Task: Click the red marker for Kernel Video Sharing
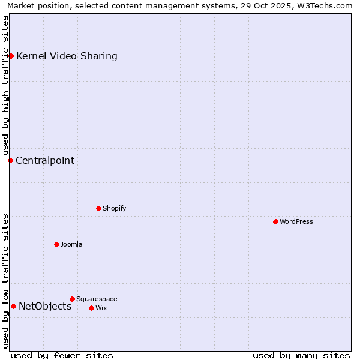pyautogui.click(x=11, y=56)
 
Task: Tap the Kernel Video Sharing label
pyautogui.click(x=67, y=56)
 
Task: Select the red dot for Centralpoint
pyautogui.click(x=10, y=160)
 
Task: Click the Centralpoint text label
pyautogui.click(x=45, y=160)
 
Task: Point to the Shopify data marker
pyautogui.click(x=98, y=208)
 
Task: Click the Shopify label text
pyautogui.click(x=114, y=208)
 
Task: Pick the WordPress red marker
pyautogui.click(x=275, y=221)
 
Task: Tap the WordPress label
pyautogui.click(x=296, y=221)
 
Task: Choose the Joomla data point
pyautogui.click(x=56, y=244)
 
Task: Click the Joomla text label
pyautogui.click(x=71, y=244)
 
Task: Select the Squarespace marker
pyautogui.click(x=72, y=299)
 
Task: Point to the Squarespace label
pyautogui.click(x=97, y=299)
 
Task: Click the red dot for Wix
pyautogui.click(x=91, y=308)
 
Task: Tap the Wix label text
pyautogui.click(x=101, y=308)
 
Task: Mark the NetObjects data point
pyautogui.click(x=13, y=306)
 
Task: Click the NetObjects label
pyautogui.click(x=45, y=306)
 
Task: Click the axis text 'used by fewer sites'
pyautogui.click(x=62, y=355)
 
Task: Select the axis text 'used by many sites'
pyautogui.click(x=301, y=355)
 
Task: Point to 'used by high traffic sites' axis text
pyautogui.click(x=5, y=84)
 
